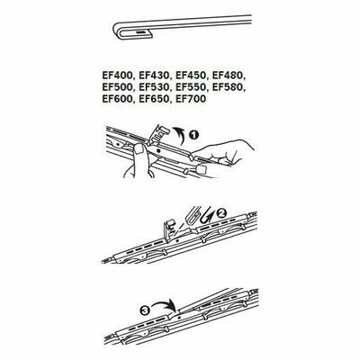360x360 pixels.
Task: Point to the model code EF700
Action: click(191, 99)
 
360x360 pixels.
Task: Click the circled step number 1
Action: click(194, 135)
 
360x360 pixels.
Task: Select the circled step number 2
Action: click(221, 213)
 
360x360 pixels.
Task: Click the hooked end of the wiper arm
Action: click(128, 31)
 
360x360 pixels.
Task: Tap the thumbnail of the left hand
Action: click(139, 148)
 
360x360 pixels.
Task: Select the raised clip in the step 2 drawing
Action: click(169, 229)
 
